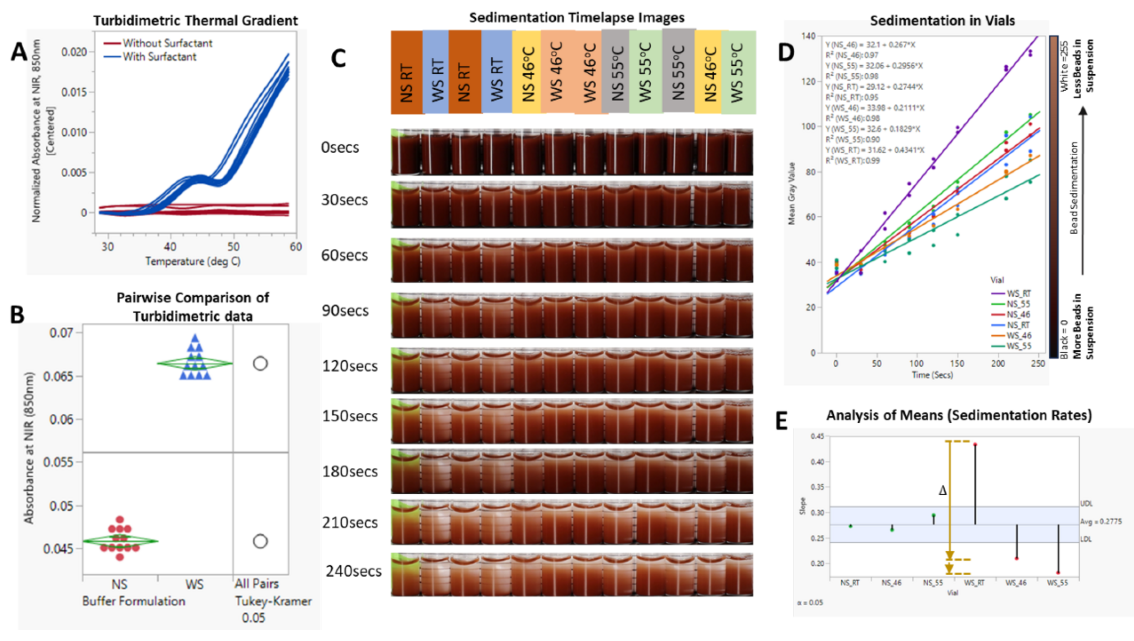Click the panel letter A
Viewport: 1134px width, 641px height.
pyautogui.click(x=19, y=53)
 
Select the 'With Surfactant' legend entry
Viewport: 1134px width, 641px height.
pyautogui.click(x=159, y=57)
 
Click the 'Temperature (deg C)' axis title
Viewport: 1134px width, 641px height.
pyautogui.click(x=193, y=262)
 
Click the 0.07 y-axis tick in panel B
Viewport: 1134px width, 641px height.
pyautogui.click(x=61, y=333)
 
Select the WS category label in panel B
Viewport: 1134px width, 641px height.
pyautogui.click(x=194, y=585)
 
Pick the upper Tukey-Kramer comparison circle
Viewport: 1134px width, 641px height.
pyautogui.click(x=260, y=364)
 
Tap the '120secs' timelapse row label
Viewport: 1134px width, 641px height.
pyautogui.click(x=350, y=366)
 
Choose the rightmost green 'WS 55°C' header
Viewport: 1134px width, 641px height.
pyautogui.click(x=739, y=73)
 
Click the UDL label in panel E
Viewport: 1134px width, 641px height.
pyautogui.click(x=1087, y=503)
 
